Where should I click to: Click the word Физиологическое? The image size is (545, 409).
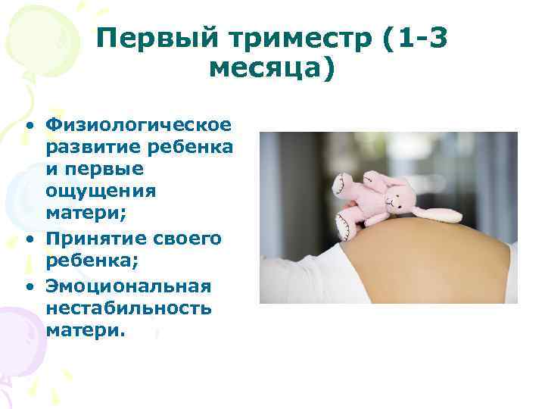[x=139, y=123]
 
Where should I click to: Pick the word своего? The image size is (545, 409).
[x=186, y=239]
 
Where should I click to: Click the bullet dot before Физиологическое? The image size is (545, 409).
[x=28, y=123]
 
